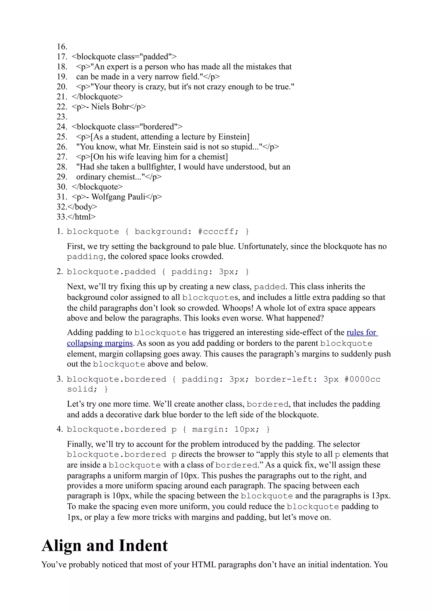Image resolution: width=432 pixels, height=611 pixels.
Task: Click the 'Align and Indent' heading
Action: pos(105,546)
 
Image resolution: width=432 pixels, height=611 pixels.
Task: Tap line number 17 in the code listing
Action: pos(62,57)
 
